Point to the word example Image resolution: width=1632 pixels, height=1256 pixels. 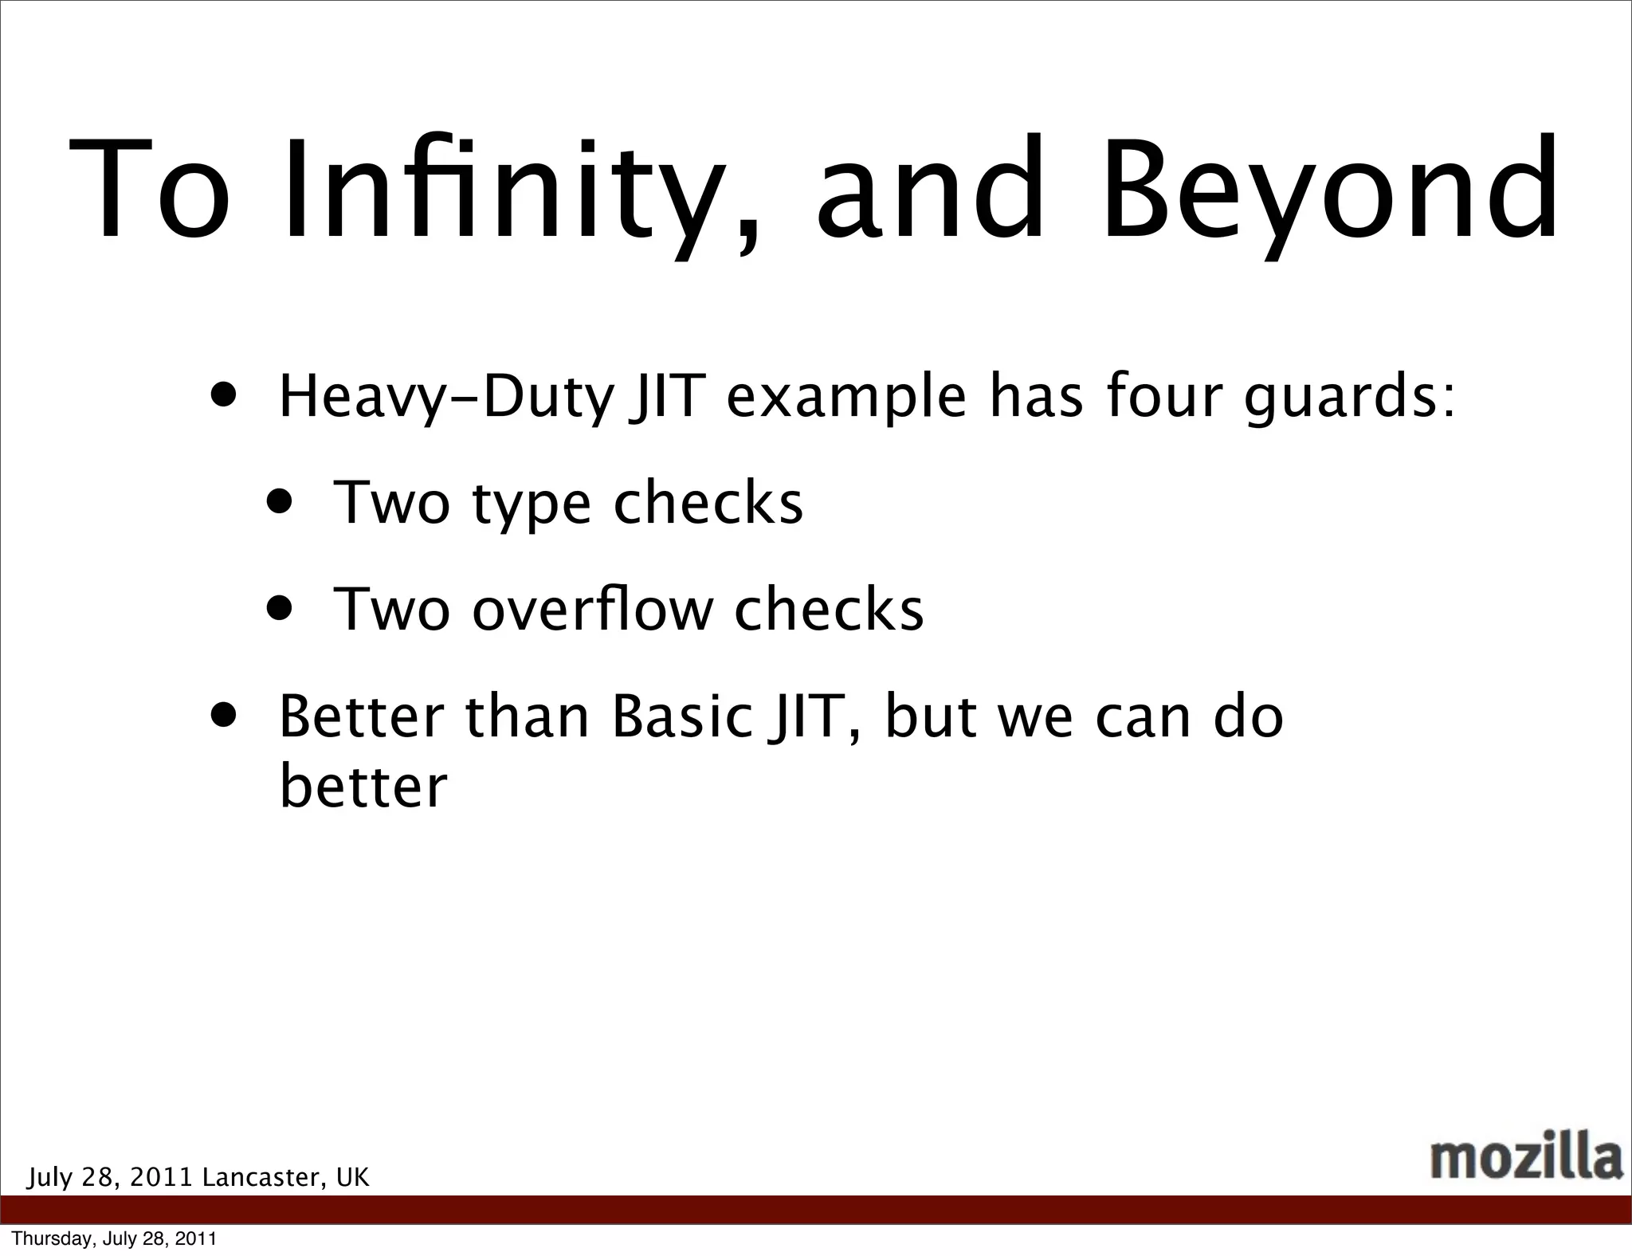pos(846,398)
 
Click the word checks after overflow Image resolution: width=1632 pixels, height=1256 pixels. pos(829,609)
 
